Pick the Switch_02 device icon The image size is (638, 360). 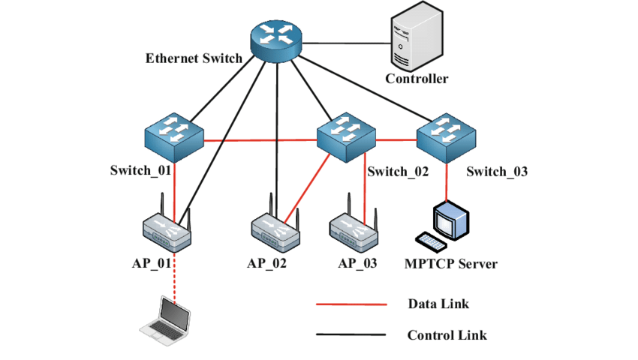(345, 136)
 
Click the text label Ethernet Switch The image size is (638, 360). (194, 58)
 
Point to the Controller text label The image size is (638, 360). (417, 78)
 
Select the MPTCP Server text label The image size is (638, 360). (451, 264)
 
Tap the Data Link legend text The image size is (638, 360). (438, 304)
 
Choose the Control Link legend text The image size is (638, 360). (447, 335)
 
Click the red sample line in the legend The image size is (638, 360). (351, 304)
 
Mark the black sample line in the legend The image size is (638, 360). (351, 335)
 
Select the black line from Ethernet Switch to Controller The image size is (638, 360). (345, 43)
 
